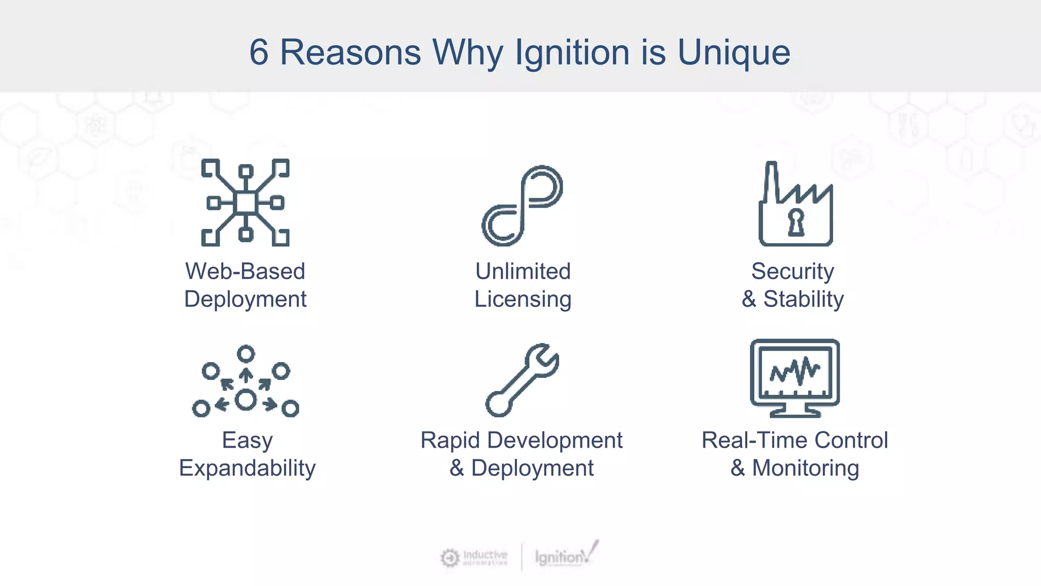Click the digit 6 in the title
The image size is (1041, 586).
tap(259, 52)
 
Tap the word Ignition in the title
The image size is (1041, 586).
tap(572, 52)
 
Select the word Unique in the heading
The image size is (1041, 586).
tap(734, 52)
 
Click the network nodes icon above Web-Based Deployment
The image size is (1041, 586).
tap(246, 202)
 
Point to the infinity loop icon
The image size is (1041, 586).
tap(523, 206)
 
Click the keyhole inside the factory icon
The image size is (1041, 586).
tap(796, 222)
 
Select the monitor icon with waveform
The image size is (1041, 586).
tap(795, 377)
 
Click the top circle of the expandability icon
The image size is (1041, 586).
tap(246, 354)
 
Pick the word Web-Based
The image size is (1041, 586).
tap(245, 271)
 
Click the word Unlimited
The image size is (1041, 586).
tap(523, 271)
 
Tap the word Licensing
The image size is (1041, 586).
tap(523, 299)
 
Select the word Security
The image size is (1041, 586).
tap(792, 271)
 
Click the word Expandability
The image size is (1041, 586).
tap(248, 468)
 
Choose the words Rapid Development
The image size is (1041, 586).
tap(522, 440)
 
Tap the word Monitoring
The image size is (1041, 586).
tap(806, 468)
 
